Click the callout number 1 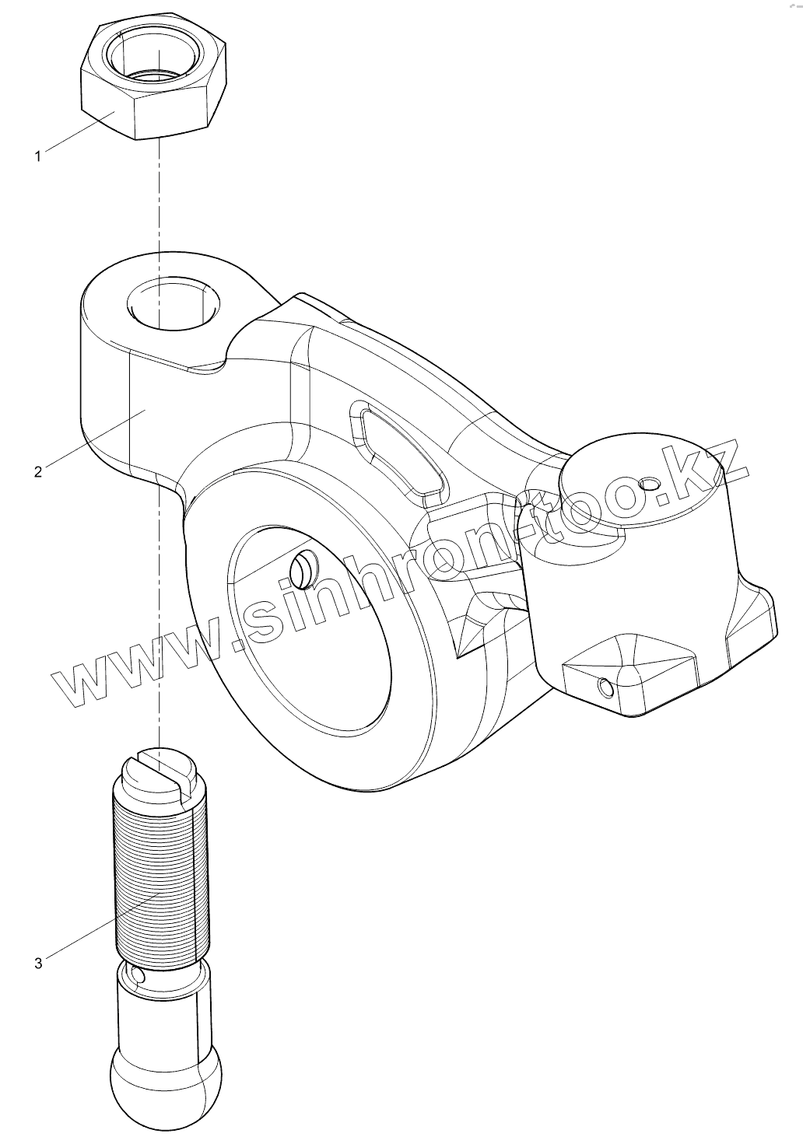(37, 156)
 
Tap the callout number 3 (38, 963)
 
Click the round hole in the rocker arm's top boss (172, 302)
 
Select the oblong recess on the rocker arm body (400, 450)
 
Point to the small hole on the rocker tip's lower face (604, 688)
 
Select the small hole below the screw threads (139, 975)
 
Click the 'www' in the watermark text (132, 661)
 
